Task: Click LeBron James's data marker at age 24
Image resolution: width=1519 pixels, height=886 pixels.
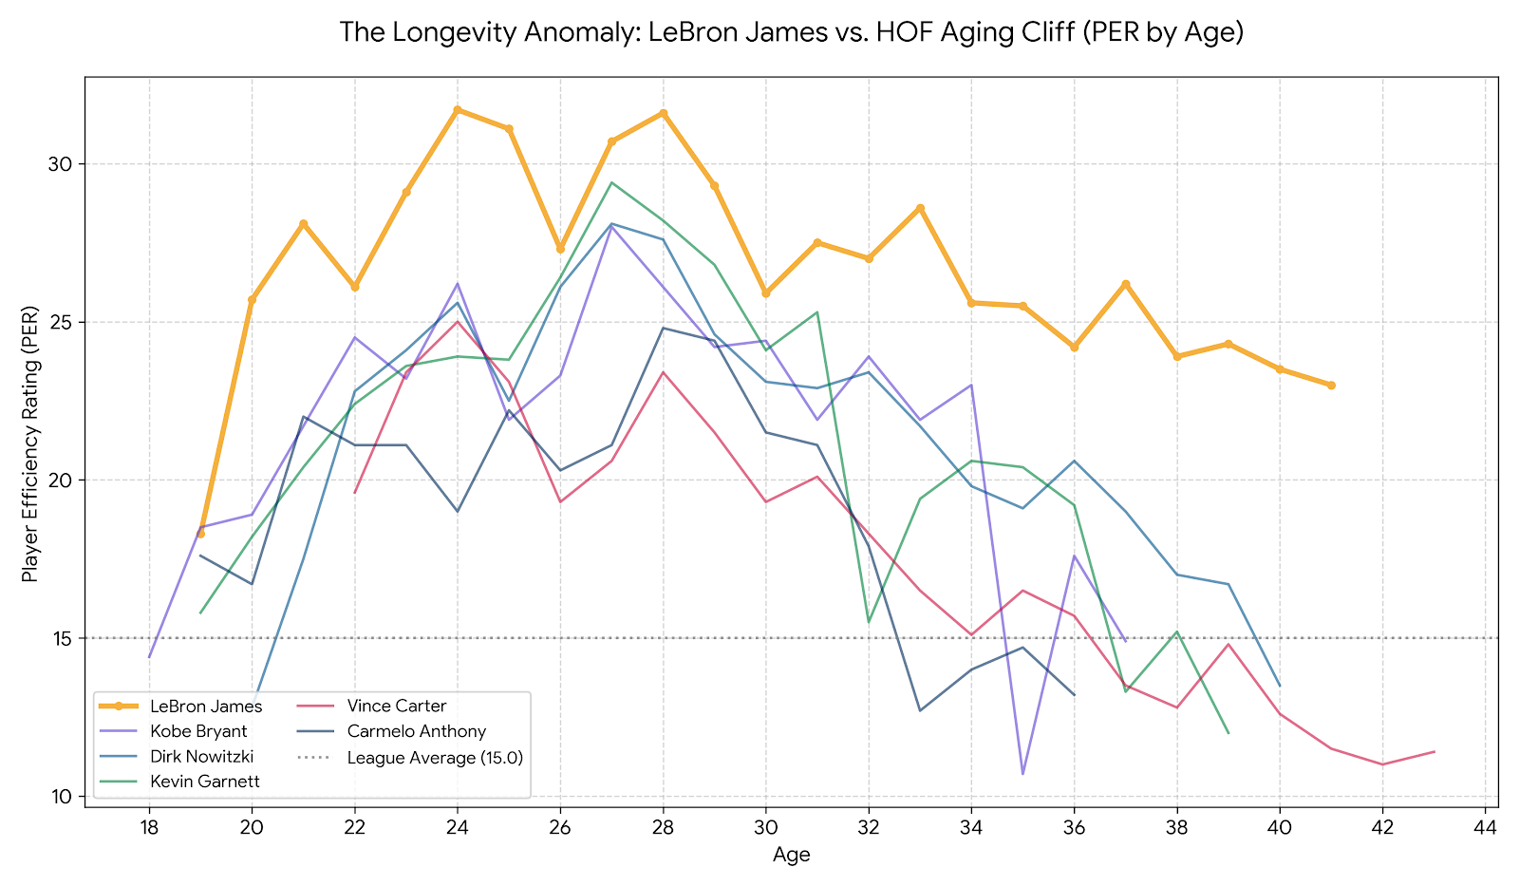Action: click(x=458, y=110)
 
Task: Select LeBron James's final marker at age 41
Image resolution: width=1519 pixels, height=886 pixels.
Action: click(x=1331, y=386)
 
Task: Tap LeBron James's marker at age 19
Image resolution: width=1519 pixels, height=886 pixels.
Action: click(x=200, y=534)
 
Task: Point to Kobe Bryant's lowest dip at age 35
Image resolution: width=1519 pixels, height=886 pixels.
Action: click(x=1022, y=774)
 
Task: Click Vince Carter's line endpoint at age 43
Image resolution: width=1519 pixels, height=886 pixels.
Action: click(x=1434, y=752)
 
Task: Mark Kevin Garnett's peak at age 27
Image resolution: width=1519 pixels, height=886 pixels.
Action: click(x=611, y=182)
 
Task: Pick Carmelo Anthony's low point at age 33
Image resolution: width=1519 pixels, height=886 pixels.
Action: click(x=920, y=710)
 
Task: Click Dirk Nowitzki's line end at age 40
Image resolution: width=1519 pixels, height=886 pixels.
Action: click(x=1280, y=686)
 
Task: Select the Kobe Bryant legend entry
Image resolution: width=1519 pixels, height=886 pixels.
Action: click(x=198, y=731)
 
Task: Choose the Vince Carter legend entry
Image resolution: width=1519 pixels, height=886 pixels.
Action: click(x=396, y=706)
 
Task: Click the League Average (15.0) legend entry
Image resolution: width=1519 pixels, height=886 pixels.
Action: click(x=435, y=758)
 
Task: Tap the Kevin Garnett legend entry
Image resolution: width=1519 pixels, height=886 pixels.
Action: click(x=204, y=782)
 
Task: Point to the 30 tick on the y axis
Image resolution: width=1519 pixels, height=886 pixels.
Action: click(x=62, y=164)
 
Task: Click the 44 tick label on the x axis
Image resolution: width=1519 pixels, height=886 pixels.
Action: click(x=1486, y=828)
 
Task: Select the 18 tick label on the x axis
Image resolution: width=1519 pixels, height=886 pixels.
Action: click(x=149, y=828)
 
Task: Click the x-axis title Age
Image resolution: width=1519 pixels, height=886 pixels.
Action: click(x=791, y=855)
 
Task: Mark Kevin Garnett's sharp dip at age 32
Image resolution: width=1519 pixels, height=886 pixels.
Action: click(x=869, y=622)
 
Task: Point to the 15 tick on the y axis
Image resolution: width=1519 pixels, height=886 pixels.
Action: click(x=62, y=638)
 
